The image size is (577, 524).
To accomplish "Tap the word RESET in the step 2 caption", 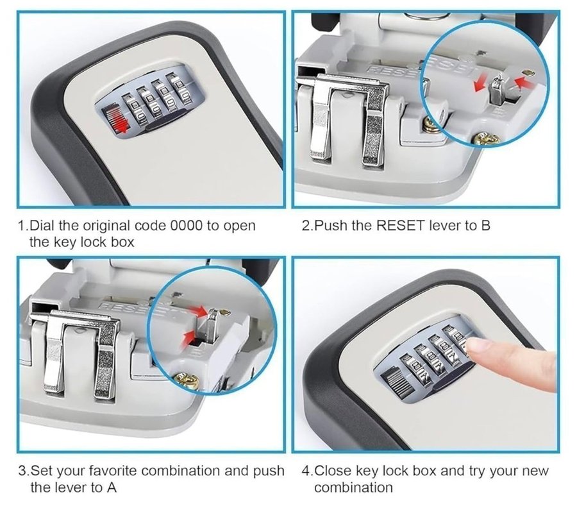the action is pos(401,225).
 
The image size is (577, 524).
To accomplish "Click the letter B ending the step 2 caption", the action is pos(486,225).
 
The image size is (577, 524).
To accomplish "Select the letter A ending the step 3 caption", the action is pos(112,487).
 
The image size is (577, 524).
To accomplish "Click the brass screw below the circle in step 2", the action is pos(485,139).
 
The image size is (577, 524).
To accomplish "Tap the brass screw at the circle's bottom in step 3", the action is pos(187,380).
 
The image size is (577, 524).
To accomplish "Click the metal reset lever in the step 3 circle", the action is pos(212,325).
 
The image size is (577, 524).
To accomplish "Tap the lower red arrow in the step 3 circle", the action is pos(190,335).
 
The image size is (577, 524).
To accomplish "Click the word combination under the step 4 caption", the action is pos(353,487).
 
